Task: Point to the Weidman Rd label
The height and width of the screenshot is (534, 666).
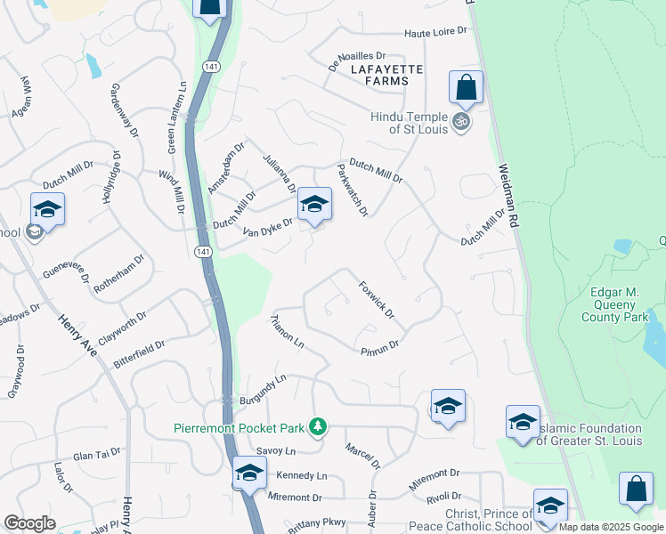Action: pyautogui.click(x=508, y=198)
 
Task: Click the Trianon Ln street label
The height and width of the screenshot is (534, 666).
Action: pyautogui.click(x=287, y=331)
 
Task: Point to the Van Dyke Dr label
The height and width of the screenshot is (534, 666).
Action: pyautogui.click(x=267, y=228)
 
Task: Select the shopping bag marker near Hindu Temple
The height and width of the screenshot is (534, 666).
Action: pyautogui.click(x=466, y=88)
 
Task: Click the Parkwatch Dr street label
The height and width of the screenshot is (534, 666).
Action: pyautogui.click(x=352, y=190)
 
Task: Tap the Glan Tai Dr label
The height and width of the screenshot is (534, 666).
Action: pyautogui.click(x=96, y=455)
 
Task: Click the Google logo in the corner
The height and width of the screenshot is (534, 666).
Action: pyautogui.click(x=29, y=523)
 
